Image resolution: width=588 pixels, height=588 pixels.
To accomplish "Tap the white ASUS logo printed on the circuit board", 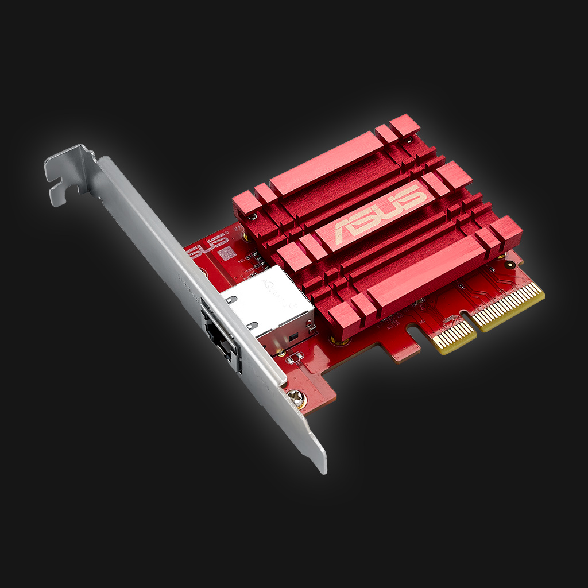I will tap(205, 244).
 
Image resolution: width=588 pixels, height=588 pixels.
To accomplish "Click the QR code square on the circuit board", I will tap(226, 253).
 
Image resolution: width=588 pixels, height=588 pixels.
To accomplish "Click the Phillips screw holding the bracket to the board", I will tap(296, 396).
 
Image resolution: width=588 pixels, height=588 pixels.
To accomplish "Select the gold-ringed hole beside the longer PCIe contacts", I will tap(509, 265).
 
